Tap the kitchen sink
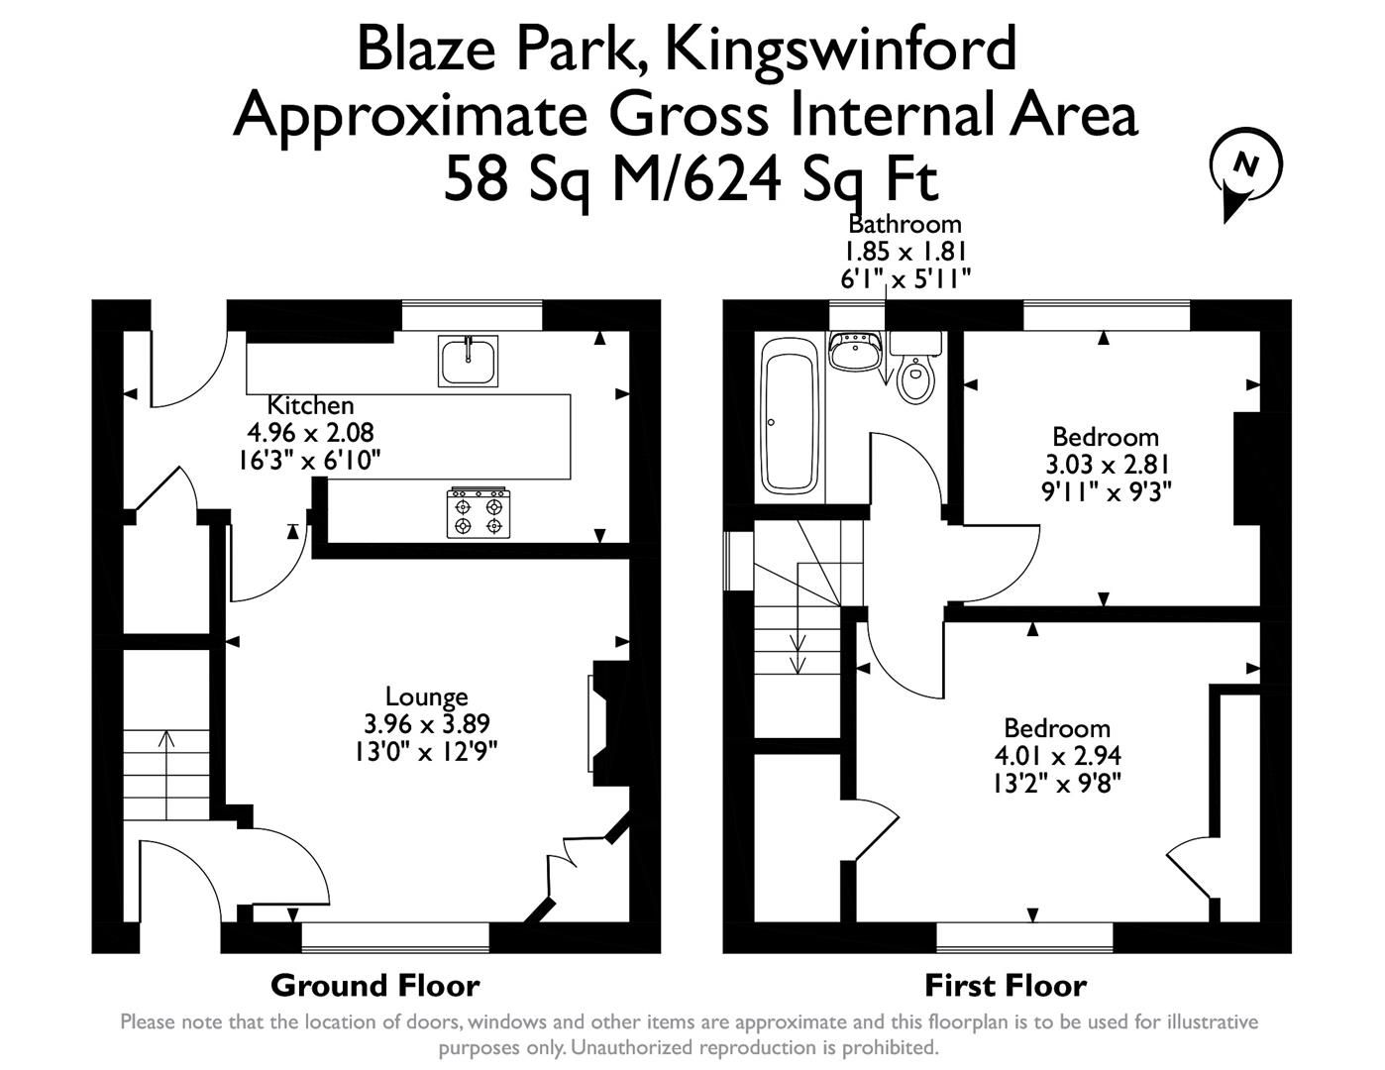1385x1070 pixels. click(468, 361)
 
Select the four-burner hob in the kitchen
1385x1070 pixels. click(479, 512)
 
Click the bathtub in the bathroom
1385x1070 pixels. click(789, 416)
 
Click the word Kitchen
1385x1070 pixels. click(310, 405)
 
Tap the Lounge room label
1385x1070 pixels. click(426, 696)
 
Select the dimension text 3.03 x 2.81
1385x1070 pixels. click(1105, 464)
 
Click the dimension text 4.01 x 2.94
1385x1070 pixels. click(1057, 756)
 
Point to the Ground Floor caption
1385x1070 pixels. click(374, 986)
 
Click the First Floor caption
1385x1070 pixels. click(1005, 986)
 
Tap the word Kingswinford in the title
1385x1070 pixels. click(840, 48)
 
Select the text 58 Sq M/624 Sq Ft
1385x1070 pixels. click(690, 179)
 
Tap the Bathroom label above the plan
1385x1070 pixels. click(905, 224)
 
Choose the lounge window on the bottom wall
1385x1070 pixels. click(395, 936)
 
